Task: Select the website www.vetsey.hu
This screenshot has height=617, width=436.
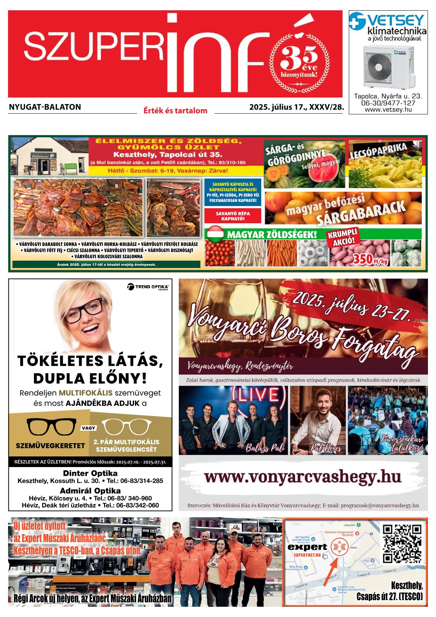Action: click(388, 110)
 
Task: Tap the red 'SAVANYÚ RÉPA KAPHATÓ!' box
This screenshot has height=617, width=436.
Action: click(233, 216)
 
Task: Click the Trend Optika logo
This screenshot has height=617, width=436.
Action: click(148, 287)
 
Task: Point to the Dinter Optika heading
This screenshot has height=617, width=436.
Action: click(90, 473)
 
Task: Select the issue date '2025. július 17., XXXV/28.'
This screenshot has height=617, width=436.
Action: click(297, 107)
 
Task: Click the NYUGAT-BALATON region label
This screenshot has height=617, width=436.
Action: click(45, 107)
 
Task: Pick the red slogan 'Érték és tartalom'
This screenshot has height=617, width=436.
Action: click(175, 110)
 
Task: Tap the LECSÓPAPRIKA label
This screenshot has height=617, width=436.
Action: click(379, 151)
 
